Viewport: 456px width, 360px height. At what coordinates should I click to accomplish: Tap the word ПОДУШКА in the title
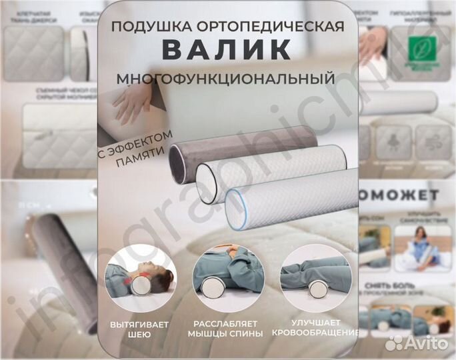tap(147, 27)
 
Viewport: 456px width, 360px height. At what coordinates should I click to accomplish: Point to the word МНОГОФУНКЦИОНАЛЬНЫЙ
tap(226, 79)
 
